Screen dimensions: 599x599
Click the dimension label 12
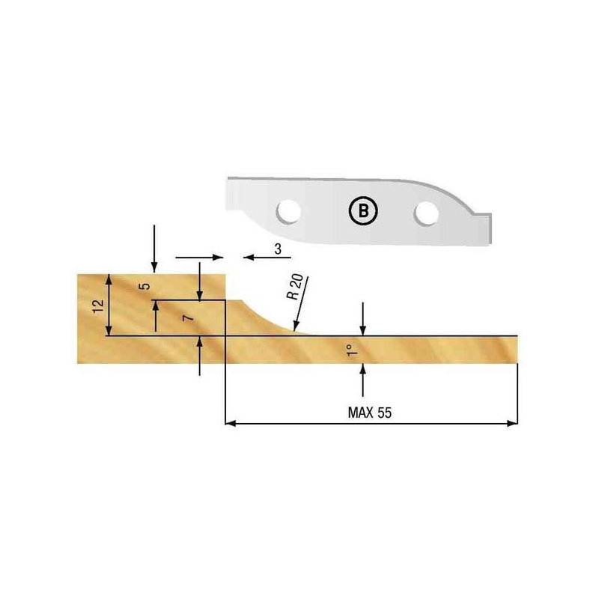[95, 305]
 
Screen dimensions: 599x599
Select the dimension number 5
[146, 286]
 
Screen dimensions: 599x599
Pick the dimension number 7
[189, 318]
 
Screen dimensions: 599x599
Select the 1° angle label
[350, 349]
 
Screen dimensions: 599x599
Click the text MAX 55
[371, 412]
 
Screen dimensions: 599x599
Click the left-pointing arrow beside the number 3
[250, 257]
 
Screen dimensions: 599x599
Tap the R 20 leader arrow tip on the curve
[297, 329]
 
